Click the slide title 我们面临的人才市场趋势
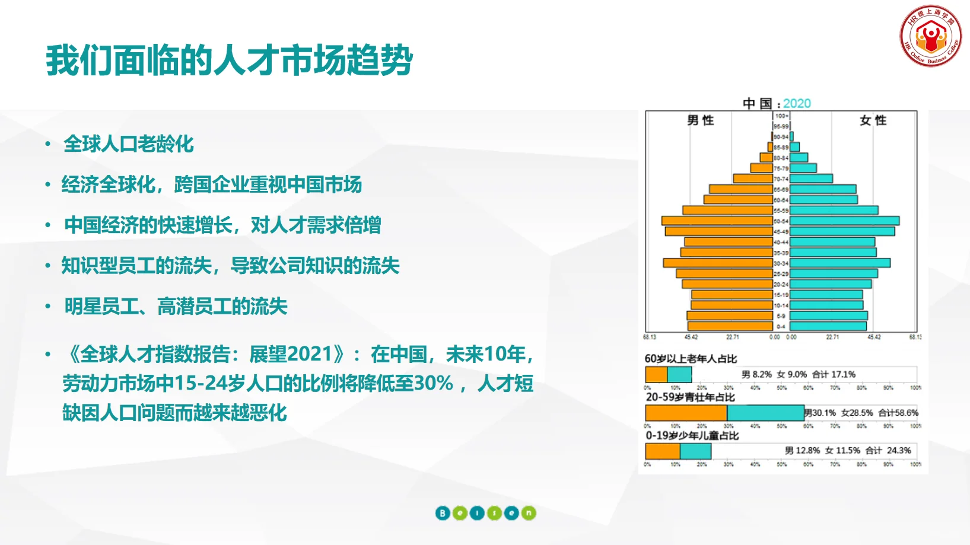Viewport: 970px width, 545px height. click(230, 60)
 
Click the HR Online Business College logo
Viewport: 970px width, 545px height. click(930, 36)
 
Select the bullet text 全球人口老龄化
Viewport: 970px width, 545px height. click(129, 144)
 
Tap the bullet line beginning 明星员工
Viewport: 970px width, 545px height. click(176, 307)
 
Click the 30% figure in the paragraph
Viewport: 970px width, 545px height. click(433, 383)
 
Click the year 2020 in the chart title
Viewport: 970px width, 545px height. click(797, 103)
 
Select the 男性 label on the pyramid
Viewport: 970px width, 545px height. click(700, 120)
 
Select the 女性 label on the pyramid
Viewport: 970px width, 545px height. click(873, 120)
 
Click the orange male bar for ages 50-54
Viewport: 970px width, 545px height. click(717, 221)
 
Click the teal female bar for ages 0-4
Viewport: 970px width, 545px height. click(828, 326)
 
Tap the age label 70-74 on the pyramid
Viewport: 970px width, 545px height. click(781, 179)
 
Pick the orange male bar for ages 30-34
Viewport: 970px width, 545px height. click(718, 263)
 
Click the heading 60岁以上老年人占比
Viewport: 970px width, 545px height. click(691, 359)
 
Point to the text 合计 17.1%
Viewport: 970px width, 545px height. click(834, 374)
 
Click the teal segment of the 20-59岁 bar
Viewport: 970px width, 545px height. click(765, 413)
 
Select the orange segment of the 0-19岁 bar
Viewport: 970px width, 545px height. click(662, 451)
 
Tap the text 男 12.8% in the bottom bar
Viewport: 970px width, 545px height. click(802, 451)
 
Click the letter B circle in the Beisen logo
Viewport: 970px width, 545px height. click(443, 513)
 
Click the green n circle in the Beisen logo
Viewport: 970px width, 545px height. click(529, 513)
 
